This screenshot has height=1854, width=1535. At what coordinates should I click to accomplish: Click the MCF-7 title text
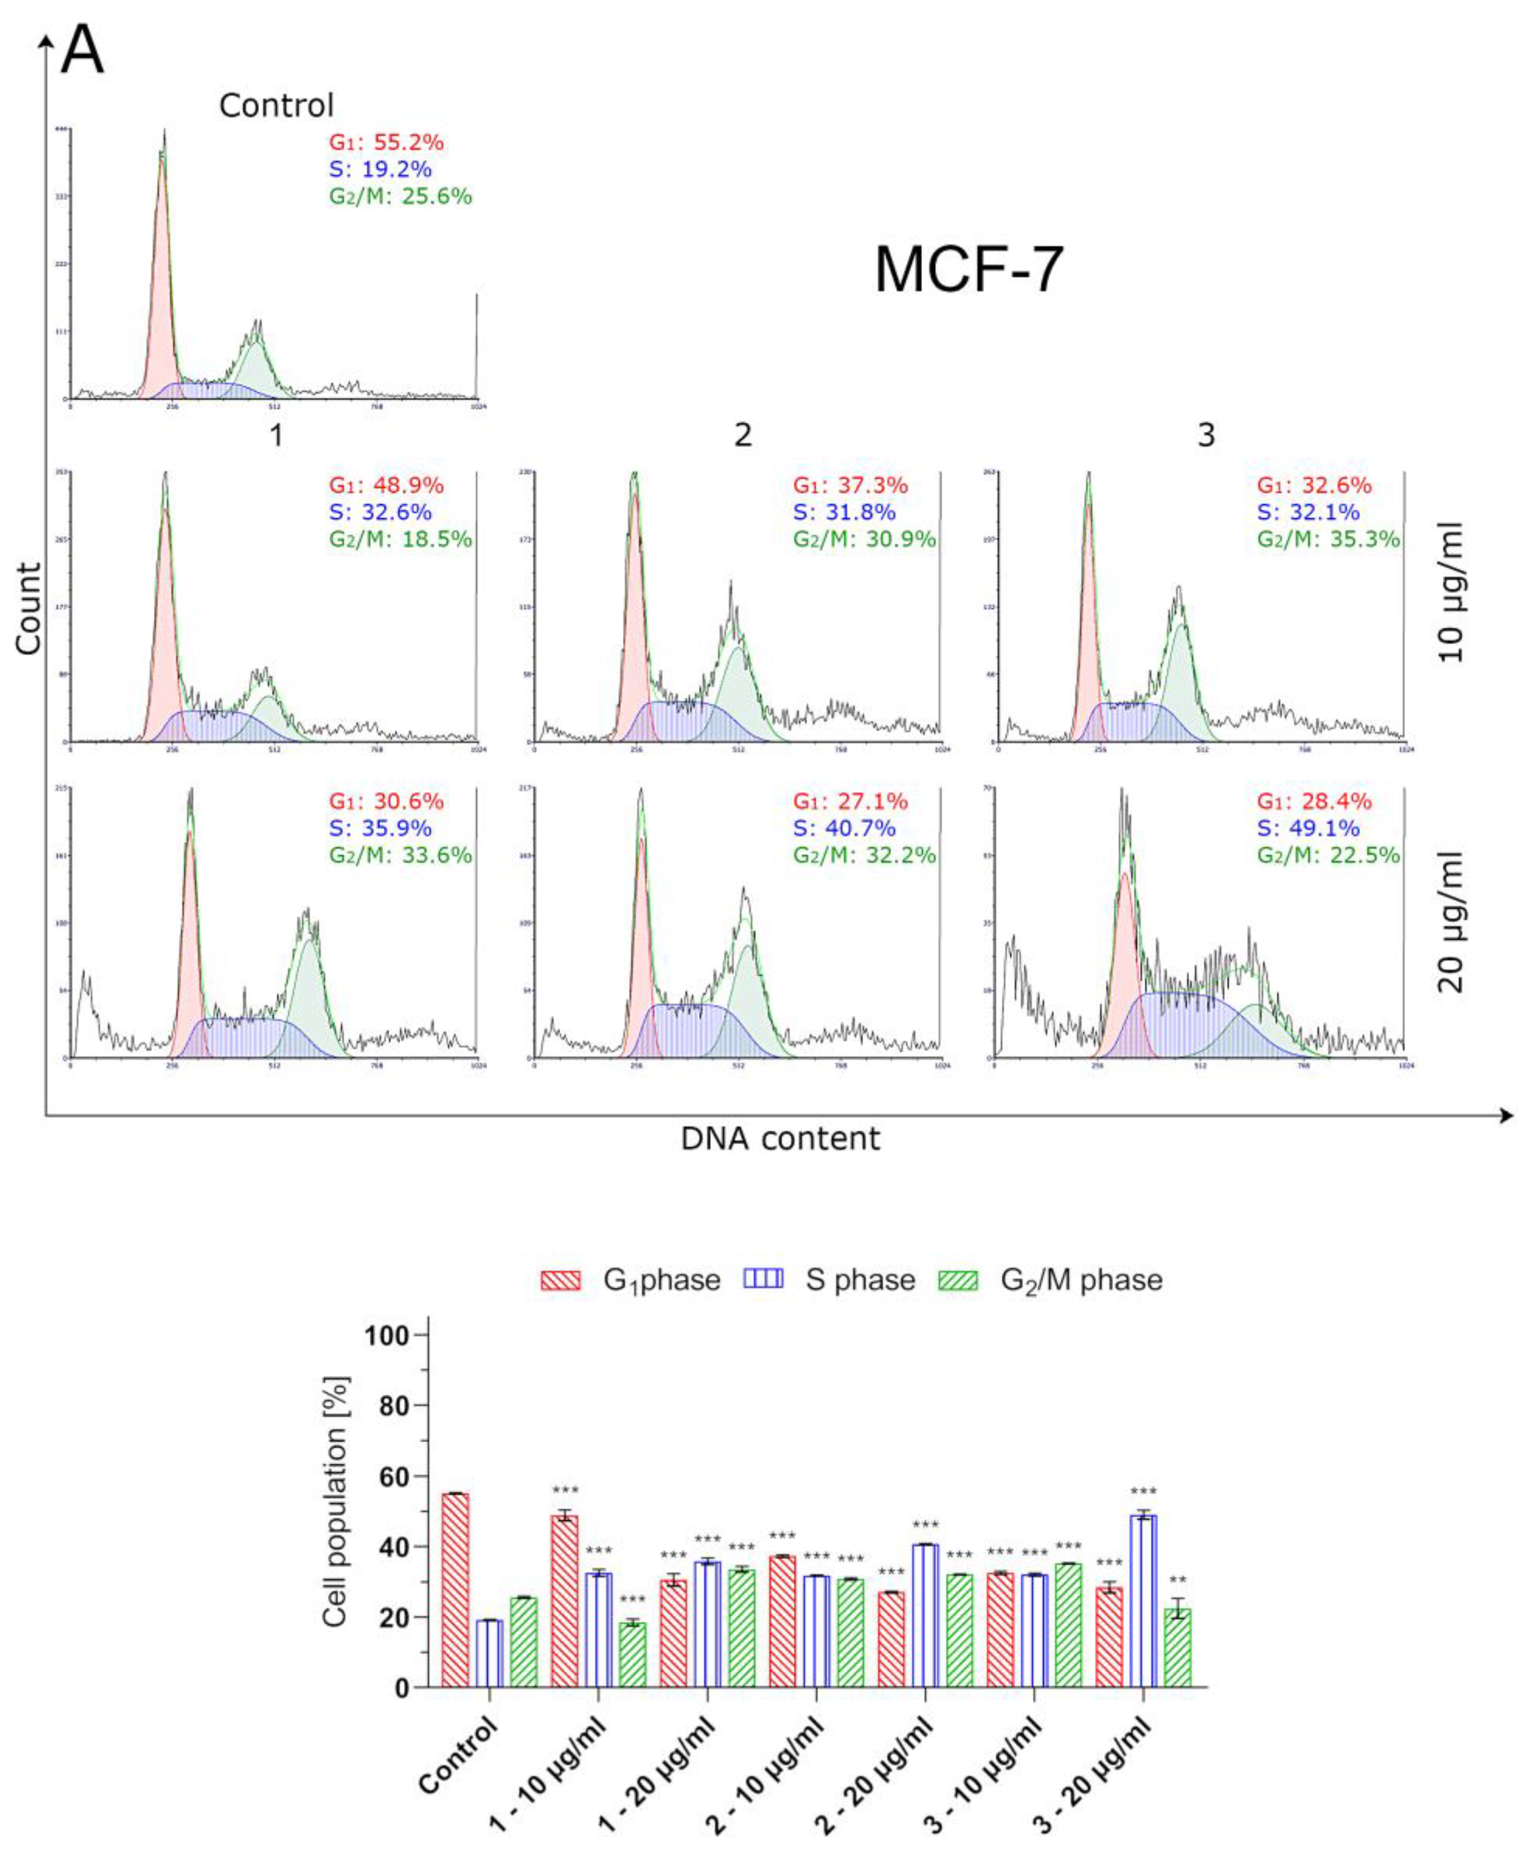tap(968, 270)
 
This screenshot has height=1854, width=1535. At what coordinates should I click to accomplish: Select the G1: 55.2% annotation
tap(387, 142)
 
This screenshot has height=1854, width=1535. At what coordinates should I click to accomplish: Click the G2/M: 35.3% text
tap(1329, 539)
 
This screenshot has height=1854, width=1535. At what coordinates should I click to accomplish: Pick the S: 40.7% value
tap(844, 828)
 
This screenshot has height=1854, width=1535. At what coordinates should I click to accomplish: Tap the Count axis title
tap(28, 609)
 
